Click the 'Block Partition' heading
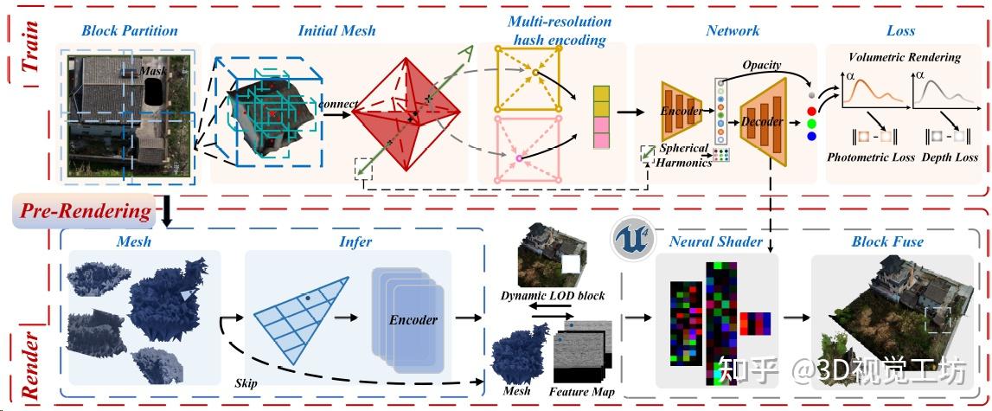(x=130, y=30)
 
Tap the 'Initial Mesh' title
(x=337, y=30)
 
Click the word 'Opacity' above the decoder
(x=762, y=65)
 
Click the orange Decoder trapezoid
(x=763, y=121)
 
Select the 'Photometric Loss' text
(x=871, y=157)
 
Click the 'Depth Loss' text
(x=950, y=157)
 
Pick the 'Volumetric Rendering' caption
(x=905, y=57)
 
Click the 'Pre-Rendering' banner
(x=83, y=211)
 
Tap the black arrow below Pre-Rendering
(x=165, y=215)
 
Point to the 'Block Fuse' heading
(x=887, y=241)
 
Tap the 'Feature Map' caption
(x=582, y=392)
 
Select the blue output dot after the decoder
(x=811, y=135)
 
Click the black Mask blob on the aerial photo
(x=153, y=90)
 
